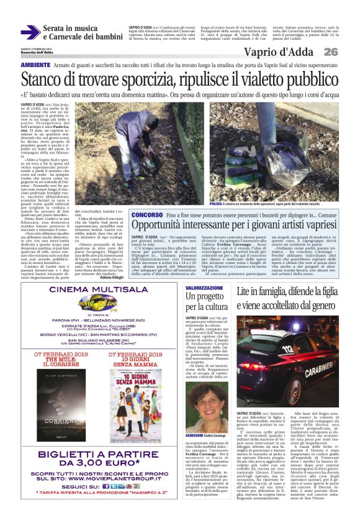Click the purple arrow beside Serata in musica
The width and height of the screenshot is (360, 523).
30,34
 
